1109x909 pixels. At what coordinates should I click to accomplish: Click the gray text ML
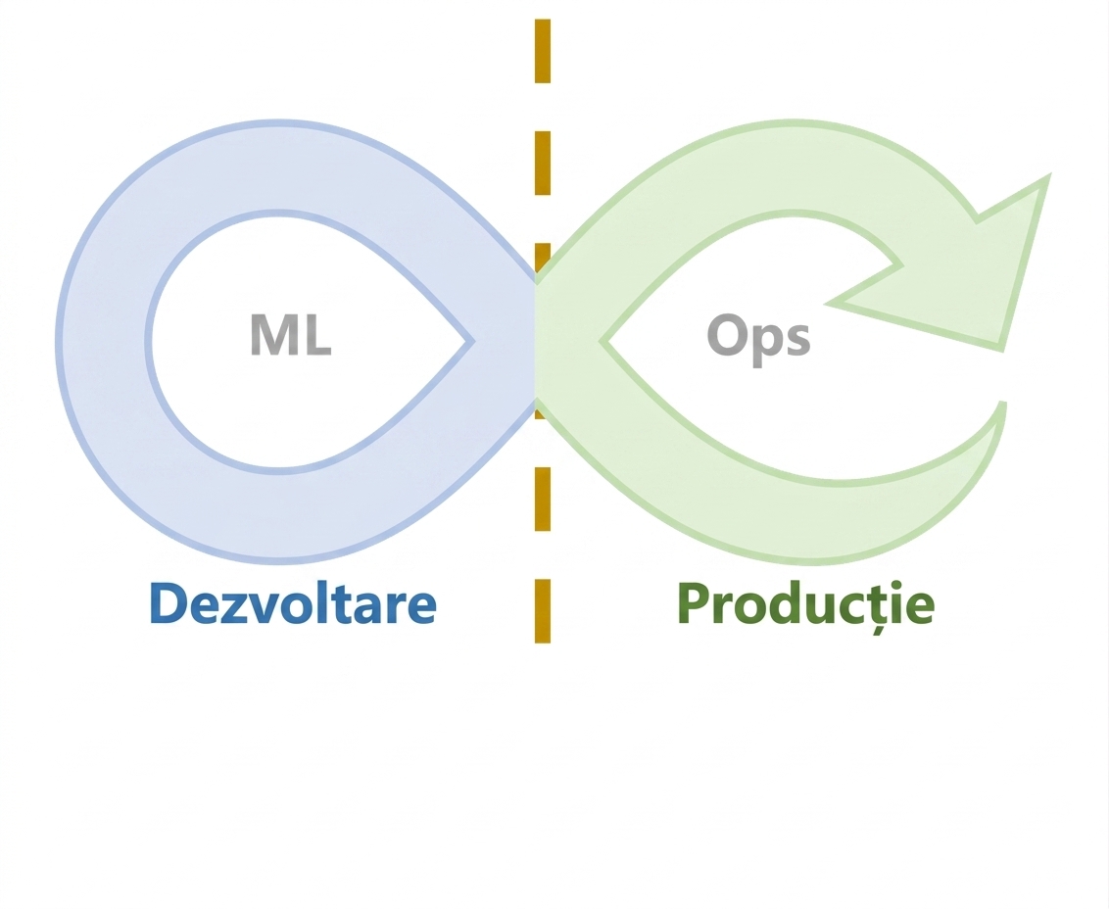(x=291, y=335)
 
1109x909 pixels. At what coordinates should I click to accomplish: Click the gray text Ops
(x=758, y=339)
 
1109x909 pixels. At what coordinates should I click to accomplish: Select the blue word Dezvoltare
(x=293, y=603)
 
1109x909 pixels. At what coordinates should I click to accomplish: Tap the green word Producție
(x=806, y=605)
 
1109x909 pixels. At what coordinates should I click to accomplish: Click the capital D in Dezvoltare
(x=169, y=603)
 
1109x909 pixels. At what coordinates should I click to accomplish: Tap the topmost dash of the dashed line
(x=543, y=51)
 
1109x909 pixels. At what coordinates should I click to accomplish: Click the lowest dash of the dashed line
(x=543, y=611)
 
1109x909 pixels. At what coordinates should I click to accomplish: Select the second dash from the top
(x=543, y=163)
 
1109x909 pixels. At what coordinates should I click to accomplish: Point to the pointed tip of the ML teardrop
(x=472, y=342)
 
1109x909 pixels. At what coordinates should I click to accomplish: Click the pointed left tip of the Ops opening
(x=602, y=342)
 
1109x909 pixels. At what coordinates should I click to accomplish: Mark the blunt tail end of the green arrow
(x=1002, y=404)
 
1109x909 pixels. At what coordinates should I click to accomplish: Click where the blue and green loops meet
(x=536, y=342)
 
